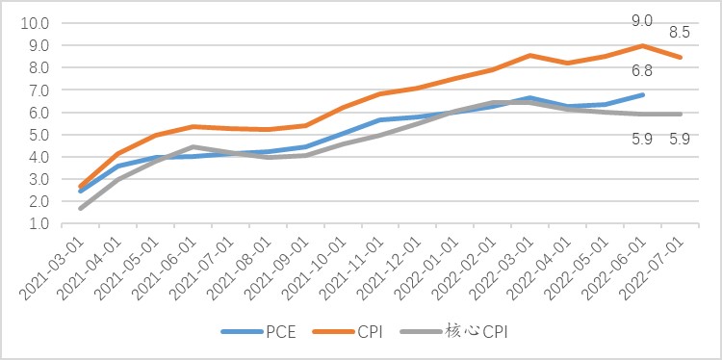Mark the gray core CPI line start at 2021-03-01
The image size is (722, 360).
coord(80,209)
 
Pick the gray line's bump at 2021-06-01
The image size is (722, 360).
coord(193,147)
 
